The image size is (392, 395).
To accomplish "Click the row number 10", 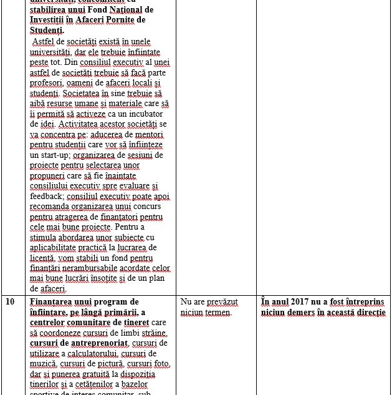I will click(x=10, y=302).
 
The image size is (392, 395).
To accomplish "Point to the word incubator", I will click(x=143, y=114).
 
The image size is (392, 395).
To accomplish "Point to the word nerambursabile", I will click(x=85, y=268).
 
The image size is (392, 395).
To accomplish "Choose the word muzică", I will click(x=43, y=363).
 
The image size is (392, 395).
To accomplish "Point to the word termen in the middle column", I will click(x=218, y=312).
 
